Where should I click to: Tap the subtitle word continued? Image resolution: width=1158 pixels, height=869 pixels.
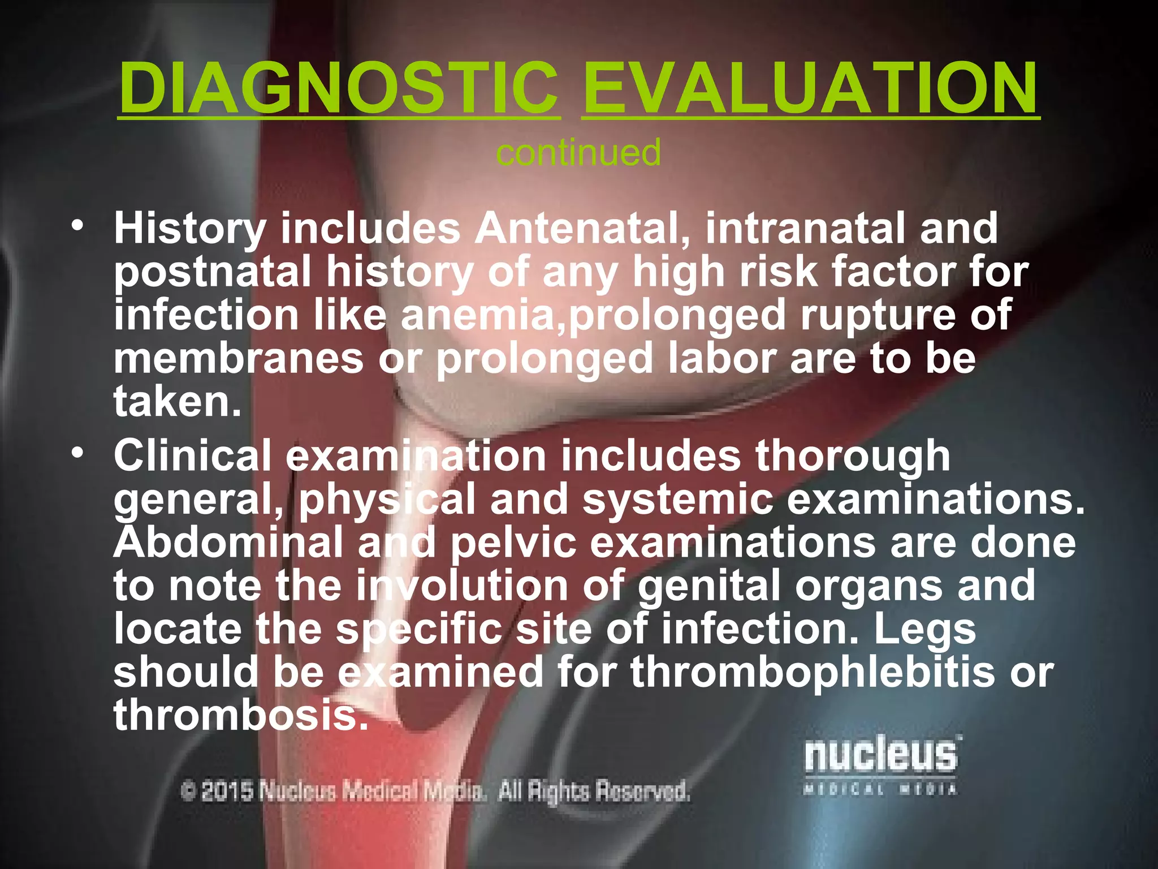pos(578,153)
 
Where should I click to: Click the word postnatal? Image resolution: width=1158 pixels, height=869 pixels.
pos(213,272)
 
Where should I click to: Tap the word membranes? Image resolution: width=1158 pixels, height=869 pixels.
pos(238,359)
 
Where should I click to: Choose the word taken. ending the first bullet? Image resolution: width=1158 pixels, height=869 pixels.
pos(177,402)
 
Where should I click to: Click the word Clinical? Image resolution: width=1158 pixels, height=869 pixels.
pos(193,456)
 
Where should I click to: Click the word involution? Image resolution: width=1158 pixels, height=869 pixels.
pos(461,586)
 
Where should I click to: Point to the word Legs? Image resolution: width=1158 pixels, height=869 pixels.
pos(925,630)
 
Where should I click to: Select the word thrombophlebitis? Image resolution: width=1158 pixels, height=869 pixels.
pos(812,672)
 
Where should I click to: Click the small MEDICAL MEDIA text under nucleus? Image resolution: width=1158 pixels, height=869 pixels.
pos(880,789)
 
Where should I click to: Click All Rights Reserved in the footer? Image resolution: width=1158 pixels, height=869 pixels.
pos(594,791)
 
